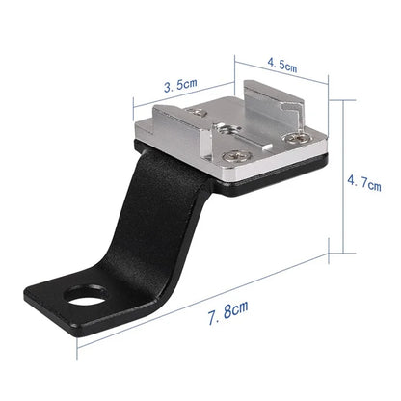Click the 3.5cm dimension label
pyautogui.click(x=180, y=85)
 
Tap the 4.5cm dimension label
pyautogui.click(x=281, y=67)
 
